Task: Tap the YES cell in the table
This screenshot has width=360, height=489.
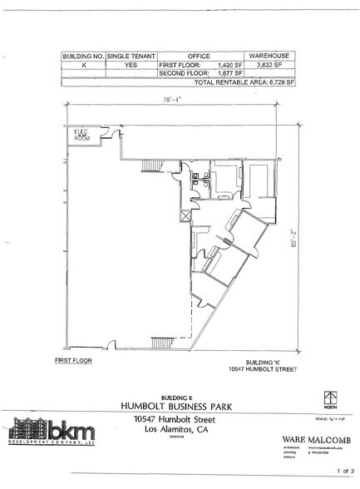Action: coord(130,63)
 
